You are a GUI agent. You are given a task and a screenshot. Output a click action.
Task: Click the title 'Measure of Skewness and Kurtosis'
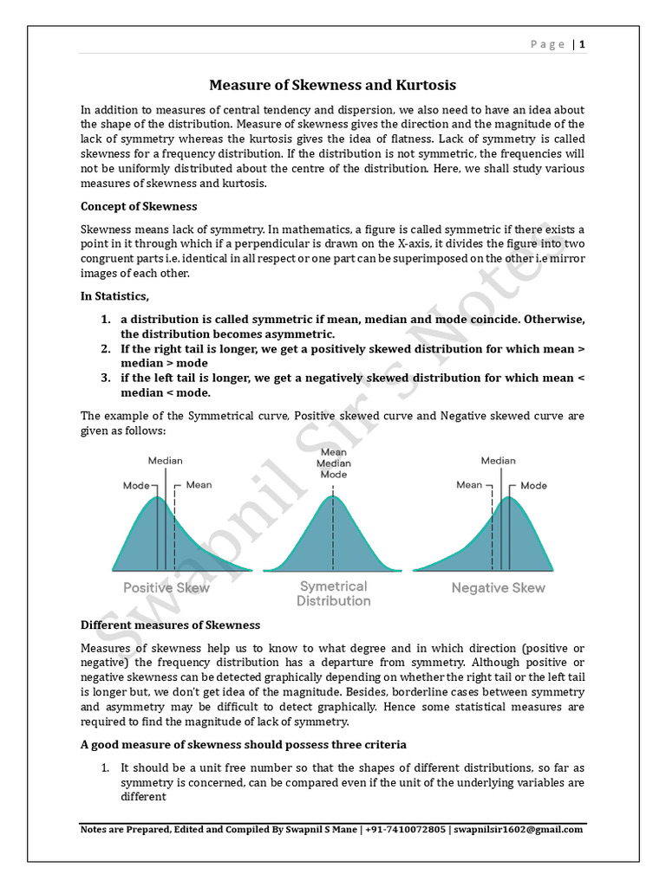[332, 85]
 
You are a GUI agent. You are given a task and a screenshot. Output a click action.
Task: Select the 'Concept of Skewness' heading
[139, 206]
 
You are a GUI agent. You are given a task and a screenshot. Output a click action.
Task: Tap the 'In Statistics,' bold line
[115, 296]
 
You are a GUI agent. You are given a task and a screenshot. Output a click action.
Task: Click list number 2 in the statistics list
[104, 349]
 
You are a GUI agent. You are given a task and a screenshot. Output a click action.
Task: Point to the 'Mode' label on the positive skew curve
[136, 486]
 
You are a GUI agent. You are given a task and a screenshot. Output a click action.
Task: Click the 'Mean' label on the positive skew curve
[199, 485]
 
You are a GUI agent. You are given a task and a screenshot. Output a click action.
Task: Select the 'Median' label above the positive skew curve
[165, 461]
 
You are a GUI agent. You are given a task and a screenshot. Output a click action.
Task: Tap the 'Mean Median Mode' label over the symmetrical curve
[333, 463]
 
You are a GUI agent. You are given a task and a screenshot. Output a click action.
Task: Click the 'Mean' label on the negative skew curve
[469, 485]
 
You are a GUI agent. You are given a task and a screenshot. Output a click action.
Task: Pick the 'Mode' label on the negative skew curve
[533, 486]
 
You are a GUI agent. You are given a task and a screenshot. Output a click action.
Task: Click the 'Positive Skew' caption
[166, 587]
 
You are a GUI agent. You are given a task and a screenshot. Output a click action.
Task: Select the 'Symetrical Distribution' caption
[333, 593]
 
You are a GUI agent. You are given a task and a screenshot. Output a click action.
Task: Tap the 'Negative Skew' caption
[498, 587]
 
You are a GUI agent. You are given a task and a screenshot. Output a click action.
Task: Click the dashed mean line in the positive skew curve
[174, 537]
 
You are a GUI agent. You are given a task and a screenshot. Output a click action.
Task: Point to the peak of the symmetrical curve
[333, 495]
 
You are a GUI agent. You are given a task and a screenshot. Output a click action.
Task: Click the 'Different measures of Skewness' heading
[170, 625]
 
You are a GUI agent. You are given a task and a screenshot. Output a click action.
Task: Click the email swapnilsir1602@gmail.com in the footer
[519, 829]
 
